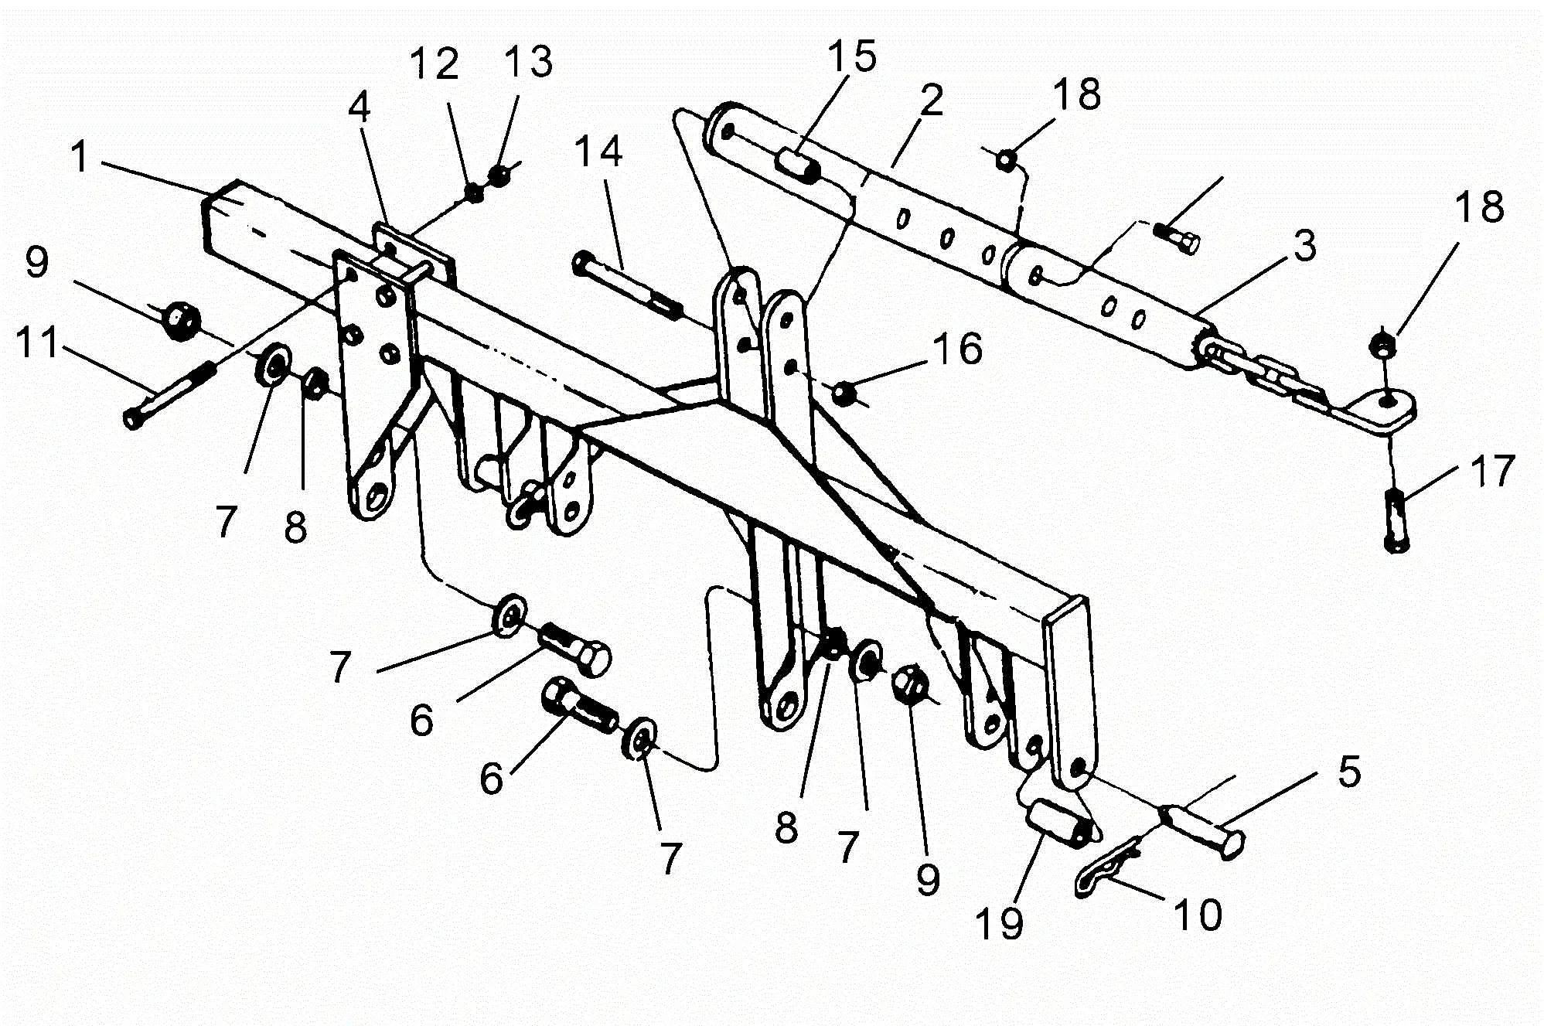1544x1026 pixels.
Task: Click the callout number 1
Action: tap(80, 157)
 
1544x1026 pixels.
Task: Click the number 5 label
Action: tap(1349, 771)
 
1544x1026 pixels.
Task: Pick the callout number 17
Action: tap(1492, 471)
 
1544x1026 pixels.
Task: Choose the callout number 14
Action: tap(598, 151)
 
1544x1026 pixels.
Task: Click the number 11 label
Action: tap(37, 342)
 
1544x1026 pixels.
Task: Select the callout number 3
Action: tap(1305, 246)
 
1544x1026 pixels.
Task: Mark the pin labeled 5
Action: tap(1206, 828)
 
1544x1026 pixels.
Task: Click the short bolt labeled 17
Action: tap(1396, 520)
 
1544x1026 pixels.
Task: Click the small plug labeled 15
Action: tap(797, 165)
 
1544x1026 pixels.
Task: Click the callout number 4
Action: tap(359, 107)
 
